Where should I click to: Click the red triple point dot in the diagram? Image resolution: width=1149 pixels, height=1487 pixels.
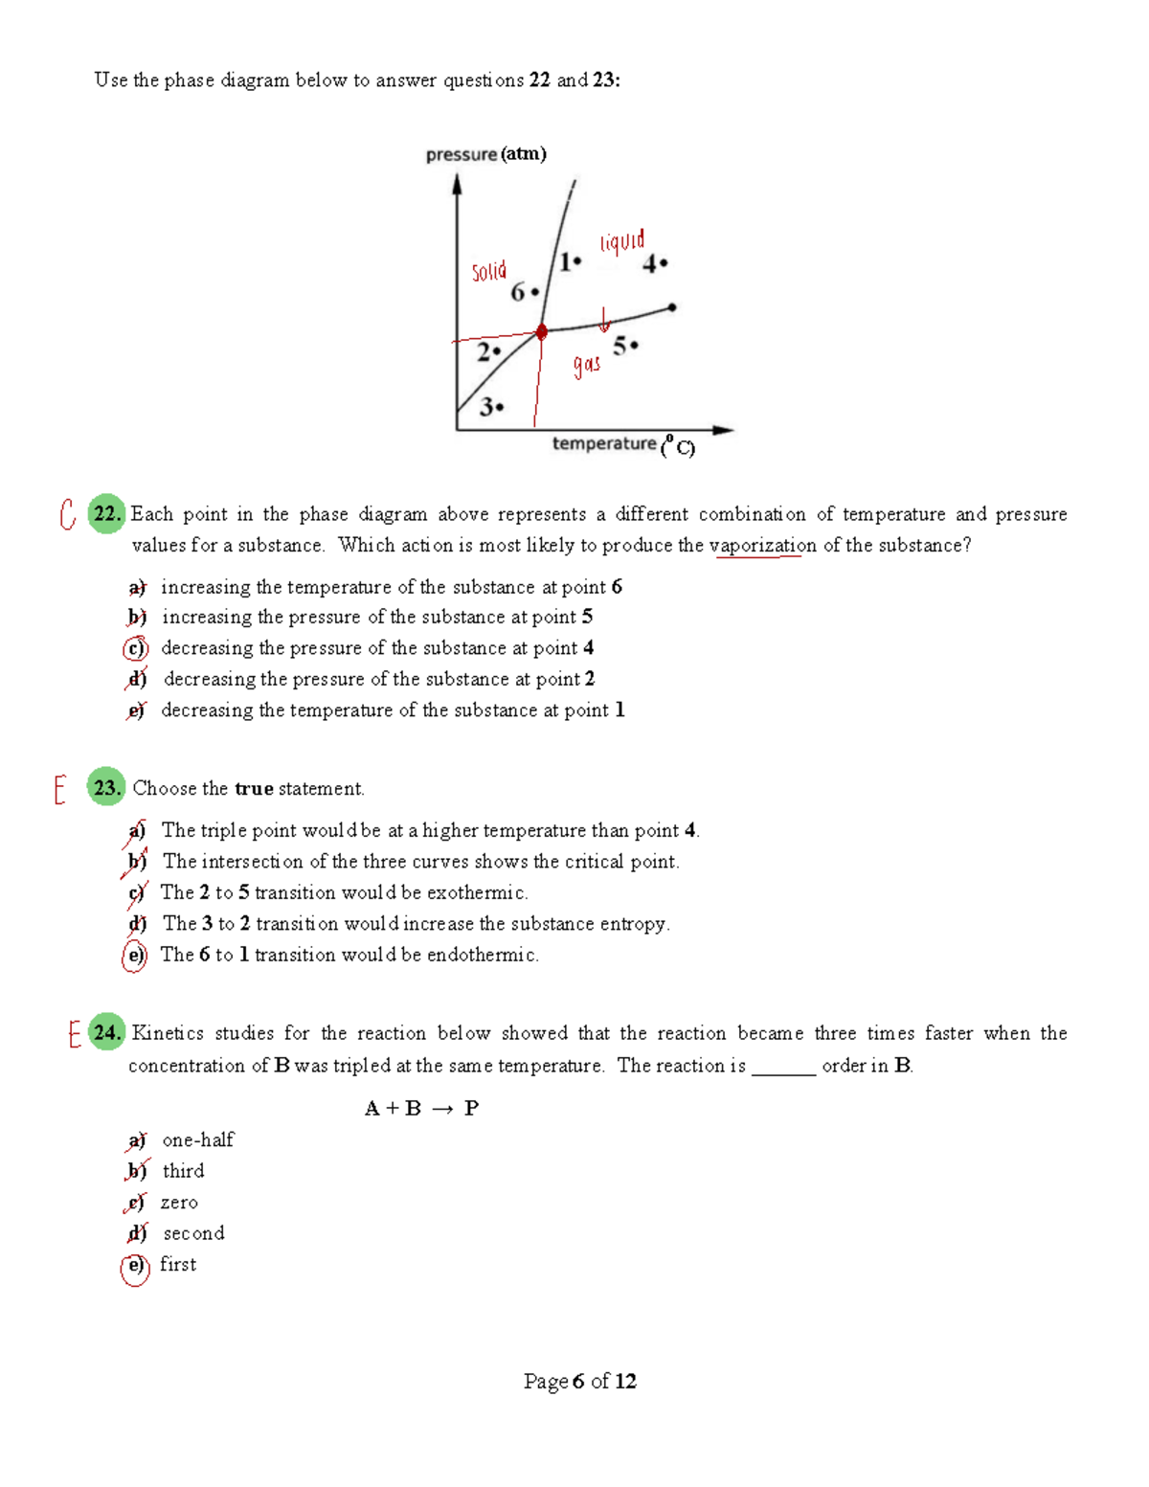tap(541, 331)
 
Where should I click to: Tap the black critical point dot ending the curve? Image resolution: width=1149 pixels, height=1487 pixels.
tap(672, 307)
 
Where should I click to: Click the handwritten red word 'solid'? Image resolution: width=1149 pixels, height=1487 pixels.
tap(488, 271)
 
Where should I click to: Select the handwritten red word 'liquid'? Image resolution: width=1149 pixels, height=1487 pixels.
tap(622, 240)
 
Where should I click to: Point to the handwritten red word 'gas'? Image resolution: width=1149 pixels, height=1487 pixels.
tap(587, 364)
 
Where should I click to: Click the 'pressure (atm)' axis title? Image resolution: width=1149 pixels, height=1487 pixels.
tap(485, 154)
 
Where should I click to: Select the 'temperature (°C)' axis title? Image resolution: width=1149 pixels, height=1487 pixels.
tap(623, 444)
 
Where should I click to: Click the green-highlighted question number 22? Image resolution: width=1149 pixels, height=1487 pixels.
tap(106, 514)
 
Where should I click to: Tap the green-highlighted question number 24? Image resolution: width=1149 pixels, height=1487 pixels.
tap(106, 1033)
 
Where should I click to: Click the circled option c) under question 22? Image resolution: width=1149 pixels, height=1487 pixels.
tap(136, 648)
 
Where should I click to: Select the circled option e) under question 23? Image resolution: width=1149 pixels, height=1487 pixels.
tap(135, 956)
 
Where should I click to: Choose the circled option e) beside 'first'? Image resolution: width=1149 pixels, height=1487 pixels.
tap(135, 1266)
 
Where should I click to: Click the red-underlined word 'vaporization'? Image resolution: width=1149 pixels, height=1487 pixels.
tap(762, 546)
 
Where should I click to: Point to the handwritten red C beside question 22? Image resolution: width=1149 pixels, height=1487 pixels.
tap(67, 514)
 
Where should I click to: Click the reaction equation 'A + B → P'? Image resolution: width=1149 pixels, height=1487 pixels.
tap(421, 1109)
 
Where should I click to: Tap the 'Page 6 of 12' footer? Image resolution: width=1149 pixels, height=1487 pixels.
tap(579, 1381)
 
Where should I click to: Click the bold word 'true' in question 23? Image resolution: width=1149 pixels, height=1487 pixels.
tap(254, 789)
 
